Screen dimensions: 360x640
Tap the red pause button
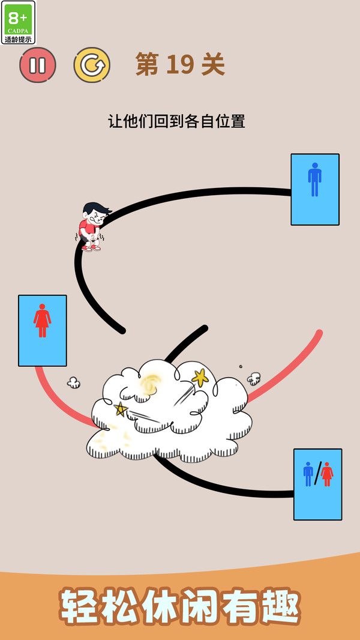click(38, 65)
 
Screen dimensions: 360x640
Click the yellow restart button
click(92, 65)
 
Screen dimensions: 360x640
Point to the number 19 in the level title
click(179, 64)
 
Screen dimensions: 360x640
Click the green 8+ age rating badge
click(18, 22)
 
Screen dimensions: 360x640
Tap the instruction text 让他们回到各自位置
click(176, 121)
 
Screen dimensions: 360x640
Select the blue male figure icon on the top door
click(314, 180)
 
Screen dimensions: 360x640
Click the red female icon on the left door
click(42, 321)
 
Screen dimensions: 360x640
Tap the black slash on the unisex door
click(317, 474)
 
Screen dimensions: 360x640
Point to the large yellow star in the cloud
click(200, 378)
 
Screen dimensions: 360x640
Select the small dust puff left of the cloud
click(74, 382)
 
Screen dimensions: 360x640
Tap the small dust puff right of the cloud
click(254, 378)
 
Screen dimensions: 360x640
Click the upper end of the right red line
click(319, 333)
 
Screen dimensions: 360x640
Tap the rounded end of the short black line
click(204, 328)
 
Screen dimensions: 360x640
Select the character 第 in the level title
click(147, 64)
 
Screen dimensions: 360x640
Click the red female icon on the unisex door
click(326, 474)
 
